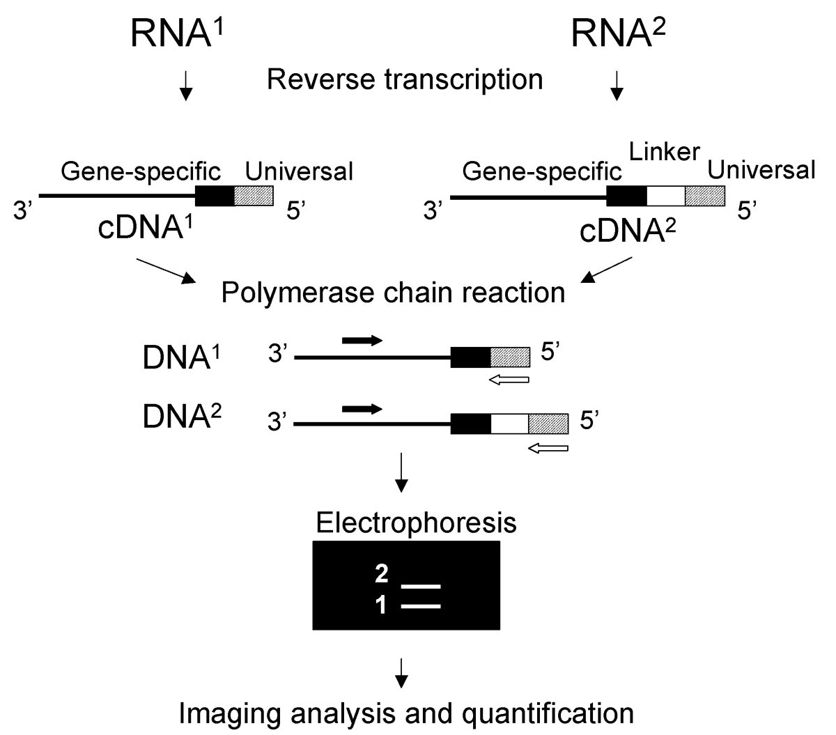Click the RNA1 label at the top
185,33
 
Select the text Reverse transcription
405,79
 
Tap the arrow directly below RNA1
185,85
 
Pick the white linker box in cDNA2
666,196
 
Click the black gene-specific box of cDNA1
215,196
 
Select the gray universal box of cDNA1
254,196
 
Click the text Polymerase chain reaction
393,292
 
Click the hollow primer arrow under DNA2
548,449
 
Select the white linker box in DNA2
509,423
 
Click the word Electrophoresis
416,522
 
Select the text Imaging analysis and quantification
407,713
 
